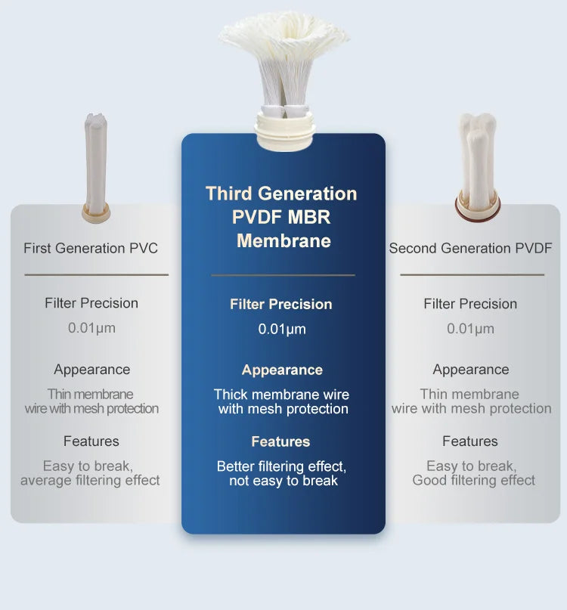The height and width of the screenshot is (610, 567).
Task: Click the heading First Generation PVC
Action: click(x=91, y=248)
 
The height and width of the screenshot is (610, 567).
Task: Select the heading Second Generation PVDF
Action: click(x=470, y=248)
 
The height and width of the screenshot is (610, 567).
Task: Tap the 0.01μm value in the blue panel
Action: click(x=282, y=329)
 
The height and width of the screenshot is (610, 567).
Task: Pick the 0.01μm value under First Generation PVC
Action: click(x=91, y=328)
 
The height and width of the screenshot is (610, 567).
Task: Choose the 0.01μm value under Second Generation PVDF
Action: click(x=470, y=329)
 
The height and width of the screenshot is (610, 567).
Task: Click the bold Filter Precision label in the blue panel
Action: click(x=281, y=304)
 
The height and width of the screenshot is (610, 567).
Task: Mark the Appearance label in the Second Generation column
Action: click(x=470, y=370)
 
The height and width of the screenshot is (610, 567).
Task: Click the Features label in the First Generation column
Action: click(x=91, y=441)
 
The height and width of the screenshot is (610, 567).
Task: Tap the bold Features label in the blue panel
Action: click(x=280, y=441)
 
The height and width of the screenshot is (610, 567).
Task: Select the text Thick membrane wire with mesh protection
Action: click(x=282, y=401)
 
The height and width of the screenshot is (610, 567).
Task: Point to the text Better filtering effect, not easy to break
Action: click(x=282, y=473)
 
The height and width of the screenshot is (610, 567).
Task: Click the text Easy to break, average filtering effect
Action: click(x=90, y=473)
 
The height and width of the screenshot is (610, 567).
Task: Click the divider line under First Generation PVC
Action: click(x=96, y=274)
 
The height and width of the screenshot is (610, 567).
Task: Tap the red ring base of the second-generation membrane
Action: click(x=476, y=205)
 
